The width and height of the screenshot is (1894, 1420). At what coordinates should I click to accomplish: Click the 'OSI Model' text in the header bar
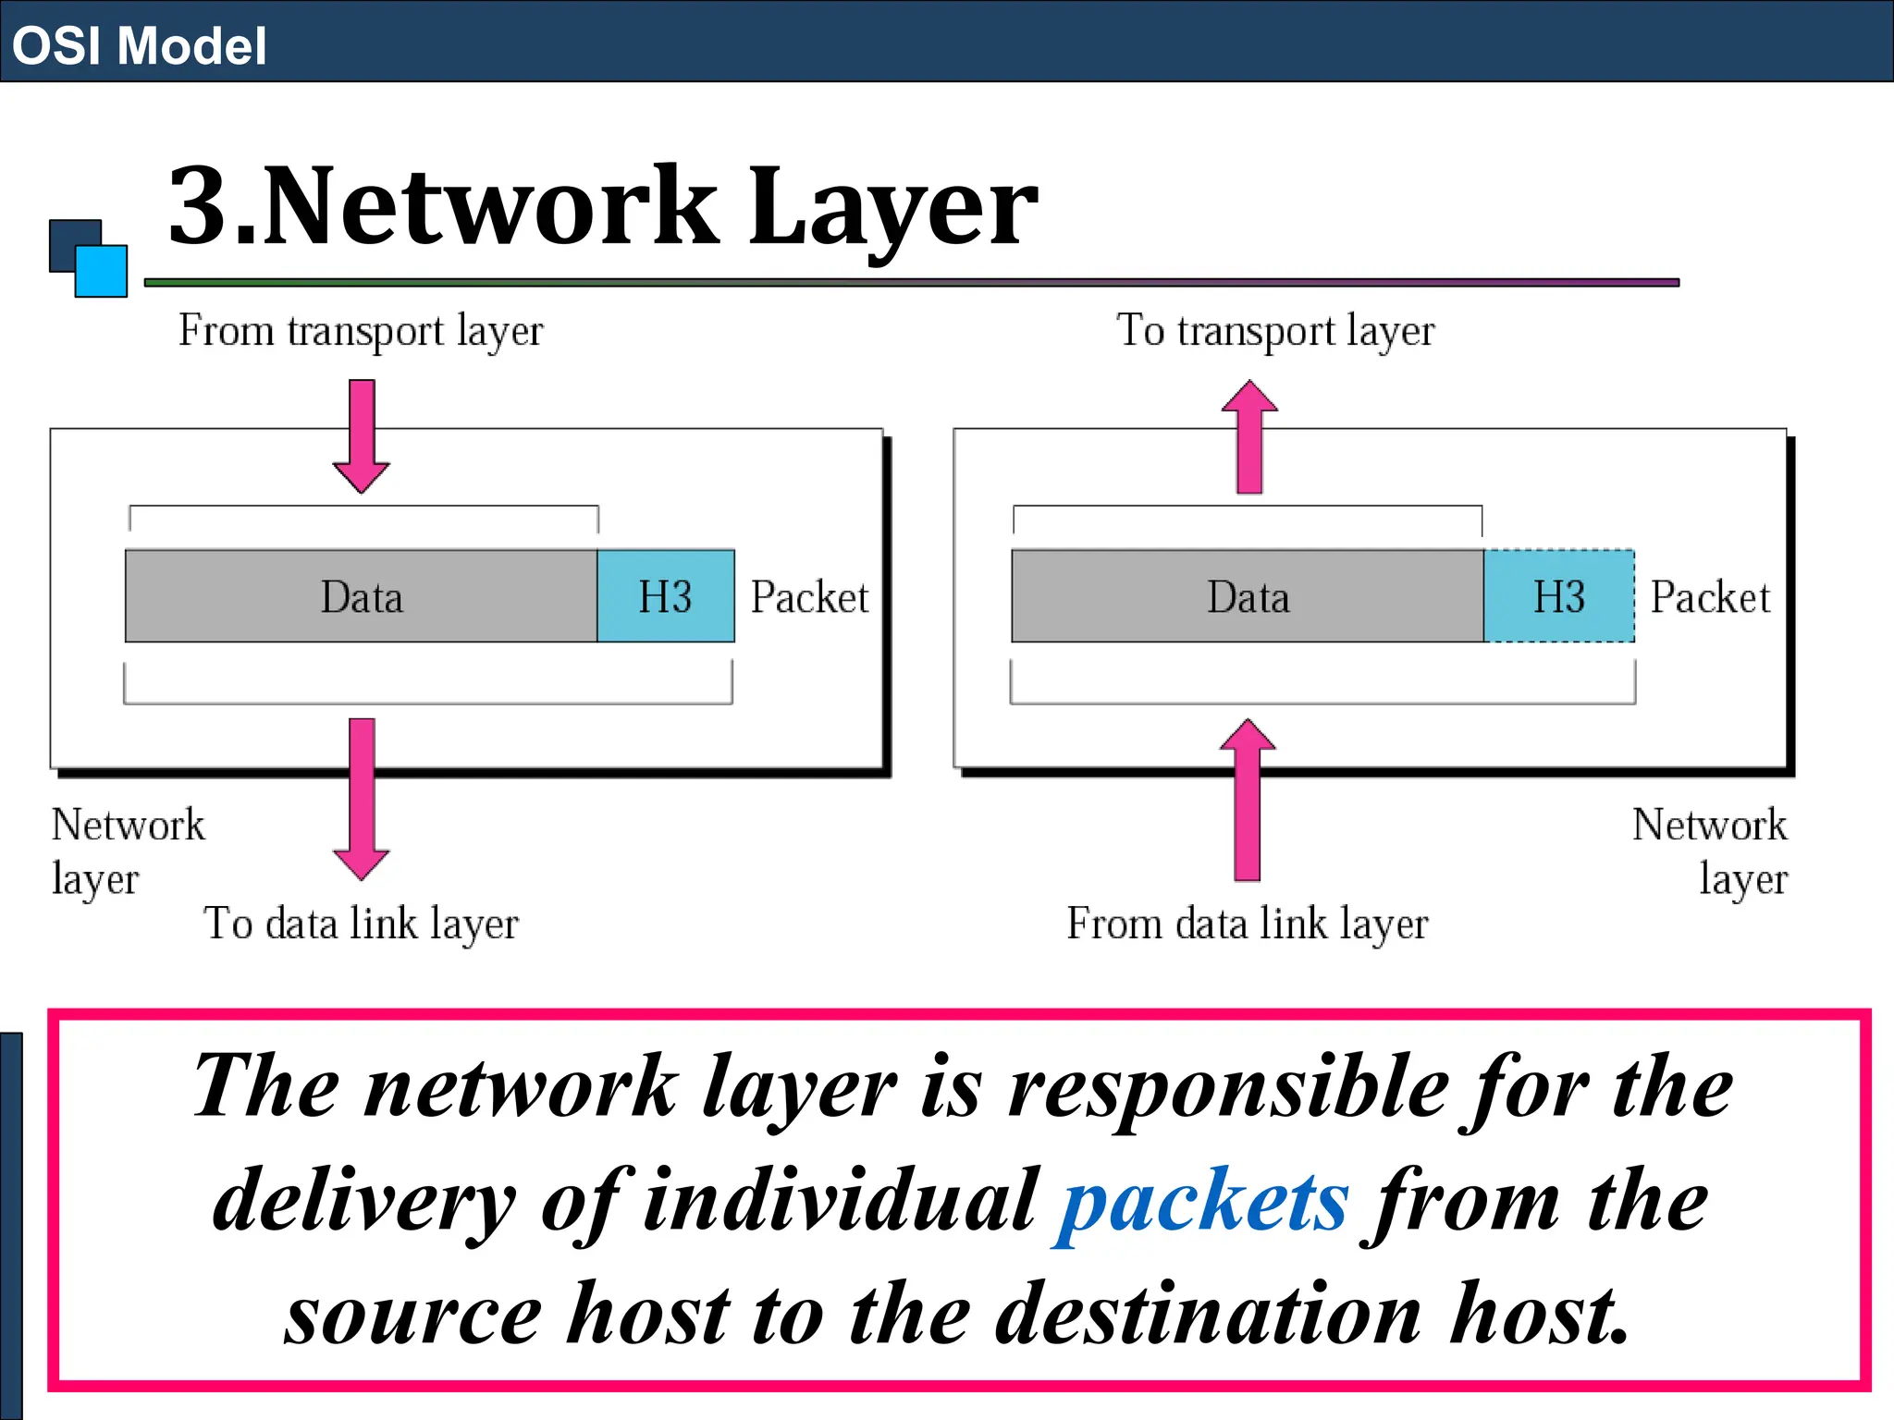coord(139,46)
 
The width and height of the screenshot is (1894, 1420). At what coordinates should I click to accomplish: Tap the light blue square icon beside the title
coord(102,271)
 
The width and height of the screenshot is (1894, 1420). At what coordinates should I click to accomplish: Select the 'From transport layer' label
coord(361,331)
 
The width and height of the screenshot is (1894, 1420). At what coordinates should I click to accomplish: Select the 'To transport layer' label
coord(1275,331)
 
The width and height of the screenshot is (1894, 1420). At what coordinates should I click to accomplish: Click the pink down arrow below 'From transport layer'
coord(362,435)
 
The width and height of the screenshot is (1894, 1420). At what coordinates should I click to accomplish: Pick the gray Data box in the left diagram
coord(361,596)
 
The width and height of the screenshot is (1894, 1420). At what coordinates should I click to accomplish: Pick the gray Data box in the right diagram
coord(1248,596)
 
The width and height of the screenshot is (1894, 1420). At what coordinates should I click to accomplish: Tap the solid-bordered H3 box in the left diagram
coord(666,596)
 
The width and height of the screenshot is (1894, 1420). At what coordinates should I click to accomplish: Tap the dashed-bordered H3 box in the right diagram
coord(1559,596)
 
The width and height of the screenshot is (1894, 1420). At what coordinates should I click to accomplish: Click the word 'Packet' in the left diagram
coord(809,597)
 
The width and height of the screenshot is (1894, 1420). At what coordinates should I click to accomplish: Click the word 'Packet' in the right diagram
coord(1710,597)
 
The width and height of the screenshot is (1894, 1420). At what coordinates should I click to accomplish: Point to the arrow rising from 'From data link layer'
coord(1248,800)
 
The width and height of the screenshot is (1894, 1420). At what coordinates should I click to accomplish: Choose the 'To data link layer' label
coord(361,924)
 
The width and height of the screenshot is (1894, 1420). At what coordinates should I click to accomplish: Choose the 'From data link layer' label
coord(1248,924)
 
